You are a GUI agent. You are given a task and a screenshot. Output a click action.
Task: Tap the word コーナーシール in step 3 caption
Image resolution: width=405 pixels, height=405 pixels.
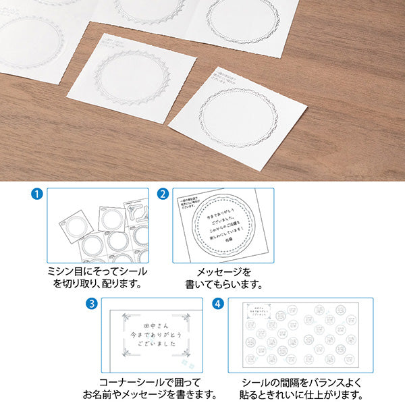[130, 380]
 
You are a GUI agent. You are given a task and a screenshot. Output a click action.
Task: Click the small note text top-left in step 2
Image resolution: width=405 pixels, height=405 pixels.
[188, 205]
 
